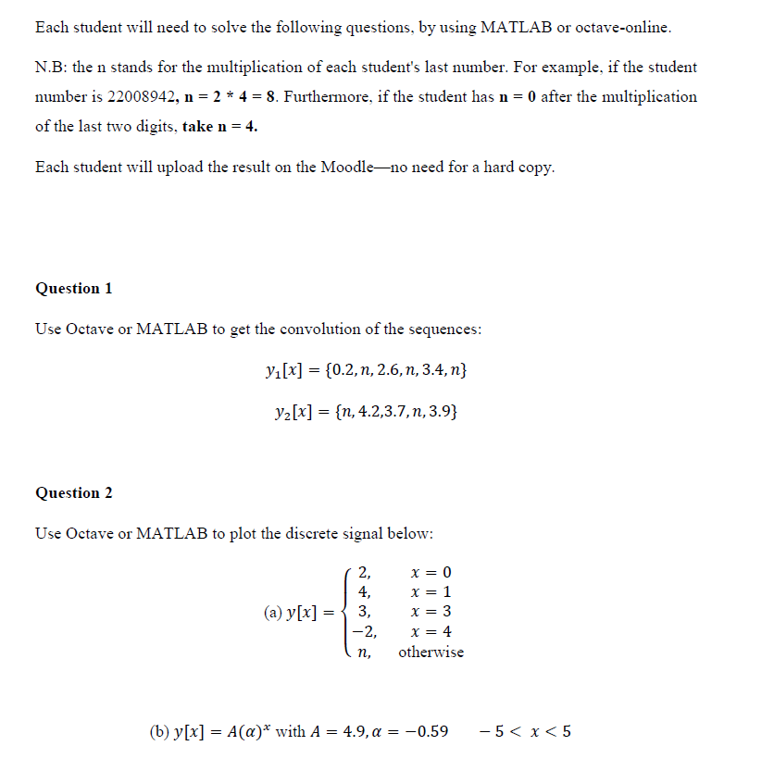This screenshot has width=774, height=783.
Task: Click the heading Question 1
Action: pos(74,289)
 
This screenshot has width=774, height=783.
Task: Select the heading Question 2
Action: pos(74,493)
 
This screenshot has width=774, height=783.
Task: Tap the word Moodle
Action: pos(344,168)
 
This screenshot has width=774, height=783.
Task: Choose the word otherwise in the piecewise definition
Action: pos(431,652)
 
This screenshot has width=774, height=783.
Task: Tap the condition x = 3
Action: pos(431,612)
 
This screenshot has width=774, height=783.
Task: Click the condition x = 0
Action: pos(431,572)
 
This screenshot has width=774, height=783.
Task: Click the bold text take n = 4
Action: pos(219,127)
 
